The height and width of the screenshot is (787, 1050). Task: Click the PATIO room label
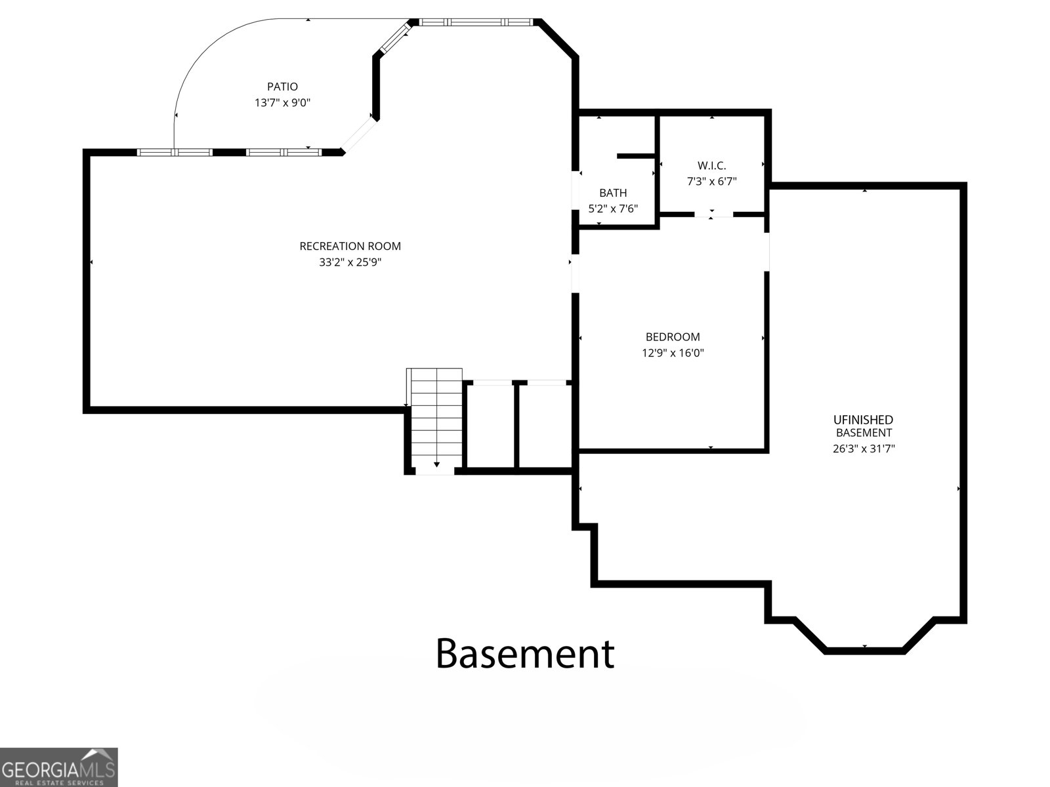282,87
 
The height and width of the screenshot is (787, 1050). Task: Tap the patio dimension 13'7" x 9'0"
282,103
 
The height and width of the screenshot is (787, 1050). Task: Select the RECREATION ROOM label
350,246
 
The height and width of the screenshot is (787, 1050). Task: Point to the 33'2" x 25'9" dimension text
350,262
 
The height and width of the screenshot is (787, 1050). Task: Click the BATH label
613,193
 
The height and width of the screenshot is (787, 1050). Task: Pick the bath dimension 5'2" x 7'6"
613,209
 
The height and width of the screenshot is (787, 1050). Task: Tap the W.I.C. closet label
712,165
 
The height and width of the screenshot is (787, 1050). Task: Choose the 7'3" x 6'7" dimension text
712,182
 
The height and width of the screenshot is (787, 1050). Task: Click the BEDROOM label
673,337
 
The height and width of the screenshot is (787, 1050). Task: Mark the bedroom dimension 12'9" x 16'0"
673,353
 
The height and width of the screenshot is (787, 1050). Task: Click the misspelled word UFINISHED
863,420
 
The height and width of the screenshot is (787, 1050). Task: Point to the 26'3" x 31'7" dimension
864,449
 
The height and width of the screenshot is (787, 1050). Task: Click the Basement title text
525,654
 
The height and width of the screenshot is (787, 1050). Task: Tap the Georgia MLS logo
58,767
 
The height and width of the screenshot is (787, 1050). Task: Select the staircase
434,418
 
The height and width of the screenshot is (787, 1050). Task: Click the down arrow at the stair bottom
436,464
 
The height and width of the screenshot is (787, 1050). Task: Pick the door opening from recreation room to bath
576,190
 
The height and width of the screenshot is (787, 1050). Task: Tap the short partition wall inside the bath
636,156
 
